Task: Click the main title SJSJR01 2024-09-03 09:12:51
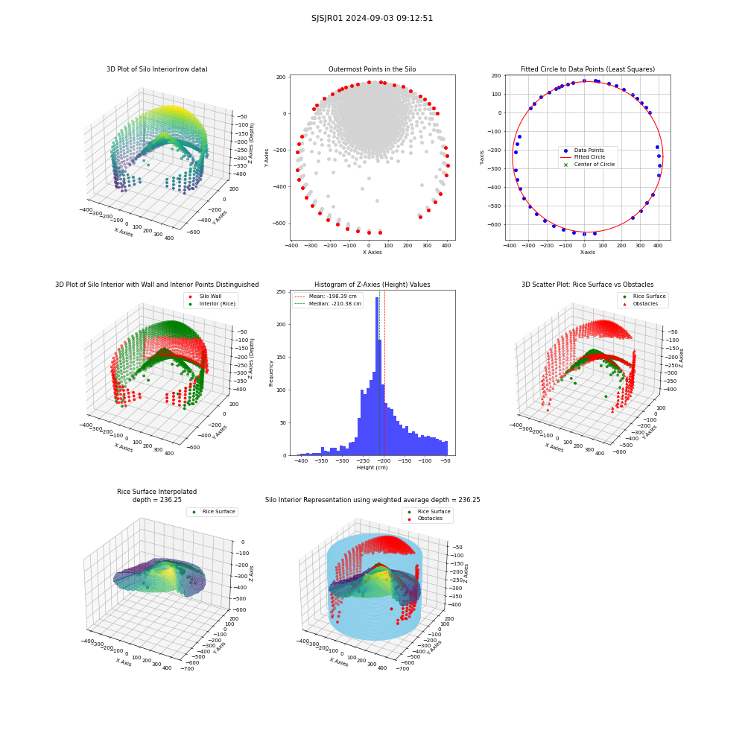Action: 372,18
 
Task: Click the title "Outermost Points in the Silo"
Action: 372,69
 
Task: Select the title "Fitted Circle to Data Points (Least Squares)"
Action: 588,69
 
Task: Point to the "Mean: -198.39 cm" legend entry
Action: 326,296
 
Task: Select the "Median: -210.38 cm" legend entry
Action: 328,304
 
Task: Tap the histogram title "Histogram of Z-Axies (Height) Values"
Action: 372,285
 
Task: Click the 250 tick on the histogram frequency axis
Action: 282,292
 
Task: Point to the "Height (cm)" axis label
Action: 372,468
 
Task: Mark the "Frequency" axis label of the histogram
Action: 271,373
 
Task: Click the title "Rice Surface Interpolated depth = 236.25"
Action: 156,495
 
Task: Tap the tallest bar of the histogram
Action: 377,376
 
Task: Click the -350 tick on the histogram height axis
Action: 322,461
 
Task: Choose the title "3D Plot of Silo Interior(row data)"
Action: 156,69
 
